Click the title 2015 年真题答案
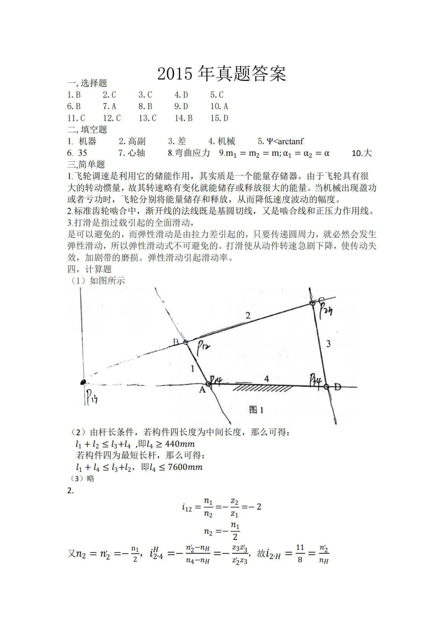(x=222, y=74)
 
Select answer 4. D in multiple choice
(x=181, y=95)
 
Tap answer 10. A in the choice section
(x=219, y=106)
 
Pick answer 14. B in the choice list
(x=184, y=118)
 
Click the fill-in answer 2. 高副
(x=132, y=141)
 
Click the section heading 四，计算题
(x=90, y=269)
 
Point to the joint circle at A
(x=209, y=384)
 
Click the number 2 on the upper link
(x=248, y=316)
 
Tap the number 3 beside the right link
(x=328, y=344)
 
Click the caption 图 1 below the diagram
(x=257, y=410)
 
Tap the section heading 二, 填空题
(x=87, y=129)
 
